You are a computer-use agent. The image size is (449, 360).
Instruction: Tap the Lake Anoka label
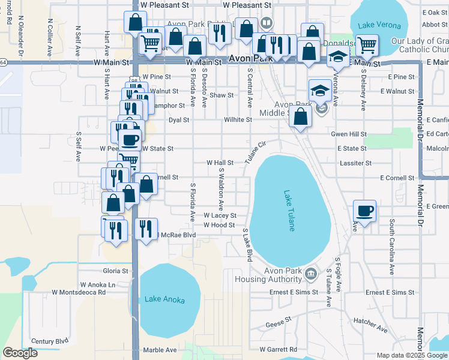click(164, 299)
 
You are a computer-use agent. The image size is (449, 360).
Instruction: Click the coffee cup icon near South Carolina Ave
click(364, 211)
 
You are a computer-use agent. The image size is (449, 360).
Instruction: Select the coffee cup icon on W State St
click(130, 140)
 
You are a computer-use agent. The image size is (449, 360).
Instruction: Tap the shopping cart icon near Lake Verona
click(366, 44)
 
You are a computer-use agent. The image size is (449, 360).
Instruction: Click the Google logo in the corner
click(20, 353)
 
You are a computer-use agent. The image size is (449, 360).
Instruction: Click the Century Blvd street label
click(50, 341)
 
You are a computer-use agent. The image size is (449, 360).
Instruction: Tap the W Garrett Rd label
click(278, 349)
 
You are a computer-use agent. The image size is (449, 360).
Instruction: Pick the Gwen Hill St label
click(349, 134)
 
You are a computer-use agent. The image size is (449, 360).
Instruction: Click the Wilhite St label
click(238, 119)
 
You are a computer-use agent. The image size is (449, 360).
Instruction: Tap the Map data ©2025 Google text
click(411, 355)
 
